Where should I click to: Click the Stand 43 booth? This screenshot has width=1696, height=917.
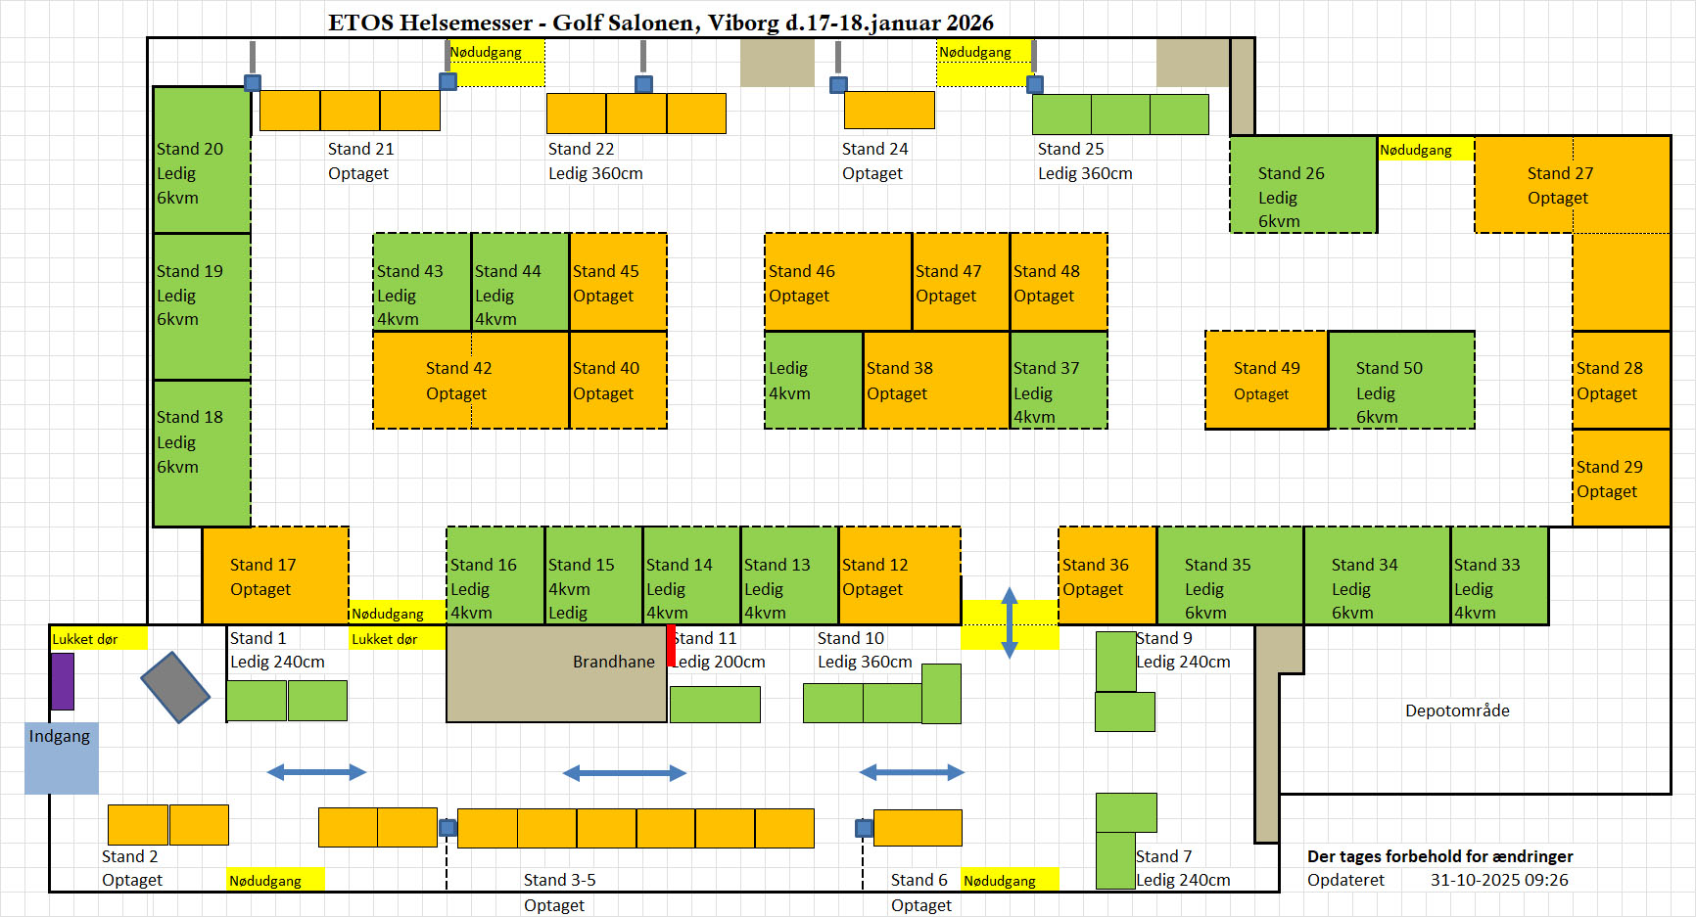point(422,282)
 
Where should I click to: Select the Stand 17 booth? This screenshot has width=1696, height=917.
point(275,575)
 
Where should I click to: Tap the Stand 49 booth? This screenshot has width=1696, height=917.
point(1266,380)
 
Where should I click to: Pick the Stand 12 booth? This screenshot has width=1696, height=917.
point(899,575)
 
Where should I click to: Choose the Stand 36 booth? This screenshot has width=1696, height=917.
point(1107,575)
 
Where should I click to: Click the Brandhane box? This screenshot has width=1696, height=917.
point(556,673)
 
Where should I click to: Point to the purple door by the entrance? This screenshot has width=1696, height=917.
point(63,681)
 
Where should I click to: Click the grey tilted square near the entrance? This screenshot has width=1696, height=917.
point(175,687)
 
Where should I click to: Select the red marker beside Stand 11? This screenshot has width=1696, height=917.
point(672,646)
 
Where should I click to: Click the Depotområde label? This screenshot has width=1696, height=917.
point(1457,711)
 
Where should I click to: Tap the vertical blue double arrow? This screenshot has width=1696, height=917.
point(1010,623)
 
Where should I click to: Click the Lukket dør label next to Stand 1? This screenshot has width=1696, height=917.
point(385,639)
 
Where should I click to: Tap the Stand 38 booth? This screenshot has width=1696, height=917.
point(935,380)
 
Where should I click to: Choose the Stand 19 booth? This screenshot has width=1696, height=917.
point(202,306)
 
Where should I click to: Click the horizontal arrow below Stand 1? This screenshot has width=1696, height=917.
point(316,772)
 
